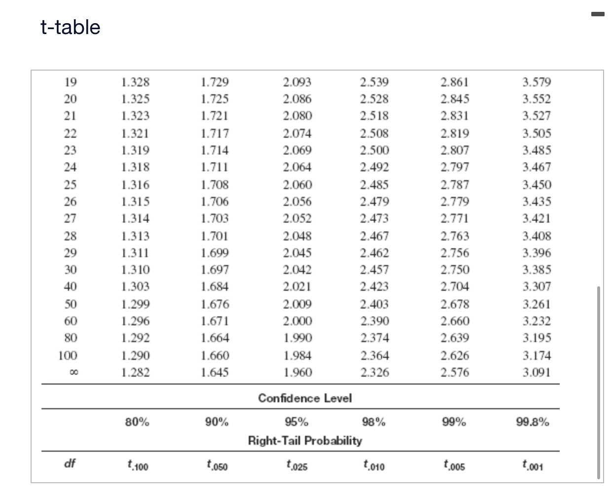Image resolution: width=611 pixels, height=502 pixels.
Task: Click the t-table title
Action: pyautogui.click(x=71, y=27)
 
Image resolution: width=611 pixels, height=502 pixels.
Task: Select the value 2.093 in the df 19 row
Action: pyautogui.click(x=297, y=82)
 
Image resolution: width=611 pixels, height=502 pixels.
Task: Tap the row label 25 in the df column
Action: pyautogui.click(x=71, y=185)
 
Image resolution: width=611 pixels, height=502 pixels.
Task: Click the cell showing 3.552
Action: pyautogui.click(x=536, y=99)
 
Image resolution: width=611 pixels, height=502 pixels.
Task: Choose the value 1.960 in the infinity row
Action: pyautogui.click(x=297, y=372)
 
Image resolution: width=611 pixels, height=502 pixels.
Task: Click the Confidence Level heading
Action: pyautogui.click(x=305, y=398)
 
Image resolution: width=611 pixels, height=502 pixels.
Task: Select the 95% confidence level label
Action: pyautogui.click(x=297, y=422)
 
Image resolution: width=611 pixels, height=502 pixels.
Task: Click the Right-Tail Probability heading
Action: pyautogui.click(x=305, y=440)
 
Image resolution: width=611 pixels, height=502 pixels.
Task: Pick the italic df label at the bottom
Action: pyautogui.click(x=70, y=463)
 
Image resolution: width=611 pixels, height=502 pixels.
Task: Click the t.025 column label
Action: pyautogui.click(x=297, y=465)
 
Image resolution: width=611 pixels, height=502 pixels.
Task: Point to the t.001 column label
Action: pyautogui.click(x=533, y=465)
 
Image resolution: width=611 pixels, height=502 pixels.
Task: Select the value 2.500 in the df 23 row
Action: pyautogui.click(x=374, y=150)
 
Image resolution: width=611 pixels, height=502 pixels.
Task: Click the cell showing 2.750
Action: pyautogui.click(x=455, y=270)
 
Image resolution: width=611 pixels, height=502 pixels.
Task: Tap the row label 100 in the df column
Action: pyautogui.click(x=68, y=355)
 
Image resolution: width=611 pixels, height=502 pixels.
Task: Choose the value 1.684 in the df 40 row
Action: pyautogui.click(x=215, y=286)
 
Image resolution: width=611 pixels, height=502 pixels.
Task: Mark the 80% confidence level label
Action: pyautogui.click(x=137, y=422)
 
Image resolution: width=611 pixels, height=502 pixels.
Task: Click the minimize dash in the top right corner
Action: pyautogui.click(x=598, y=14)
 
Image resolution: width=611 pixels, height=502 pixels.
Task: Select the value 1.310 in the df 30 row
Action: pyautogui.click(x=135, y=270)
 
